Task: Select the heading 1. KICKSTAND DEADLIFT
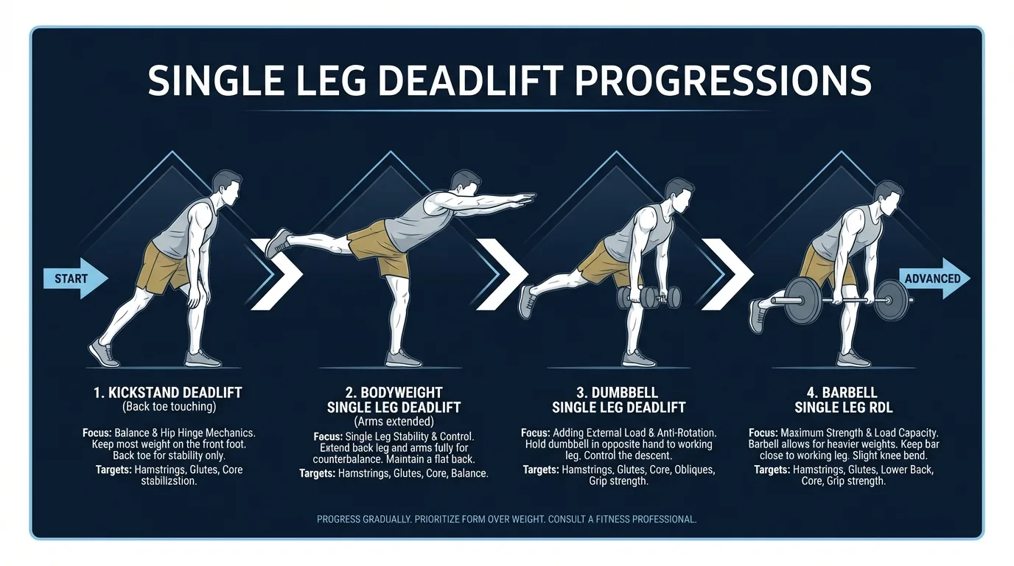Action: tap(168, 393)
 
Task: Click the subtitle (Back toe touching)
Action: tap(168, 407)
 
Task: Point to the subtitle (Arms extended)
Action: tap(394, 421)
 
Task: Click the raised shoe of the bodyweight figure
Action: tap(279, 242)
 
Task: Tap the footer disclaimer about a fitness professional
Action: tap(506, 520)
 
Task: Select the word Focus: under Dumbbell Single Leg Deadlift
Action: tap(534, 433)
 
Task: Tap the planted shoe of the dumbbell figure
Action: tap(637, 358)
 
